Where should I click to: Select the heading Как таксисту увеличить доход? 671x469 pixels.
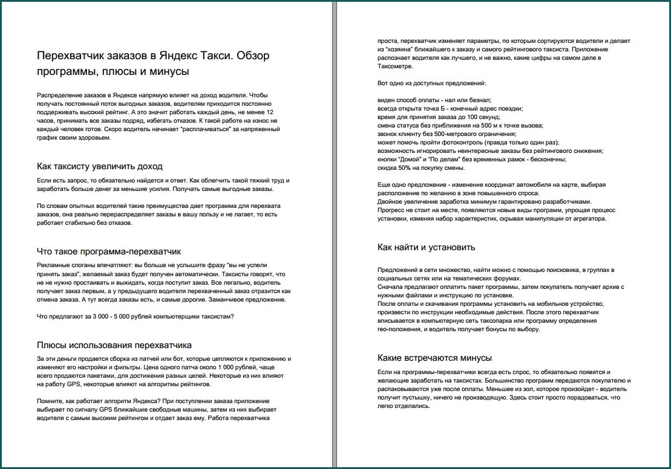click(100, 166)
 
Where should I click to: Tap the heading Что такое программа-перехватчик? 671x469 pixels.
click(109, 251)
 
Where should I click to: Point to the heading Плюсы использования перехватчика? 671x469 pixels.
click(114, 345)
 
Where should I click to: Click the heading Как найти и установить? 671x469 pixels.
click(426, 247)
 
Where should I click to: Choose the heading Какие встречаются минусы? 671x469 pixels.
click(434, 358)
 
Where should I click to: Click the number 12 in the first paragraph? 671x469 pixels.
click(270, 112)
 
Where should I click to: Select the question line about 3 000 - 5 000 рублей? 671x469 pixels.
click(136, 316)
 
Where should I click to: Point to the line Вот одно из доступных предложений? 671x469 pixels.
click(431, 83)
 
